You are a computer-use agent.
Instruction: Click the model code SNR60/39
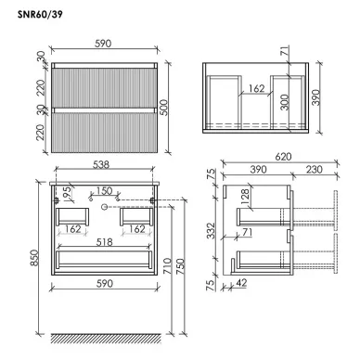click(40, 15)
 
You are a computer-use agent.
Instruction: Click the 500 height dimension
click(165, 108)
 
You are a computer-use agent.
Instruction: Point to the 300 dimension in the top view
click(285, 102)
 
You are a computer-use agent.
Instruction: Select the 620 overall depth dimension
click(283, 157)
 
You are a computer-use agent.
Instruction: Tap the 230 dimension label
click(315, 170)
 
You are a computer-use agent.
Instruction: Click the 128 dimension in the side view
click(245, 197)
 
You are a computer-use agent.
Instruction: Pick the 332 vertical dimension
click(211, 230)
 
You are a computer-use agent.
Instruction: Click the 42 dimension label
click(241, 283)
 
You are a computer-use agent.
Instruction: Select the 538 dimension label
click(101, 164)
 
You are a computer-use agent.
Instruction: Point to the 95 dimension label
click(68, 193)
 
